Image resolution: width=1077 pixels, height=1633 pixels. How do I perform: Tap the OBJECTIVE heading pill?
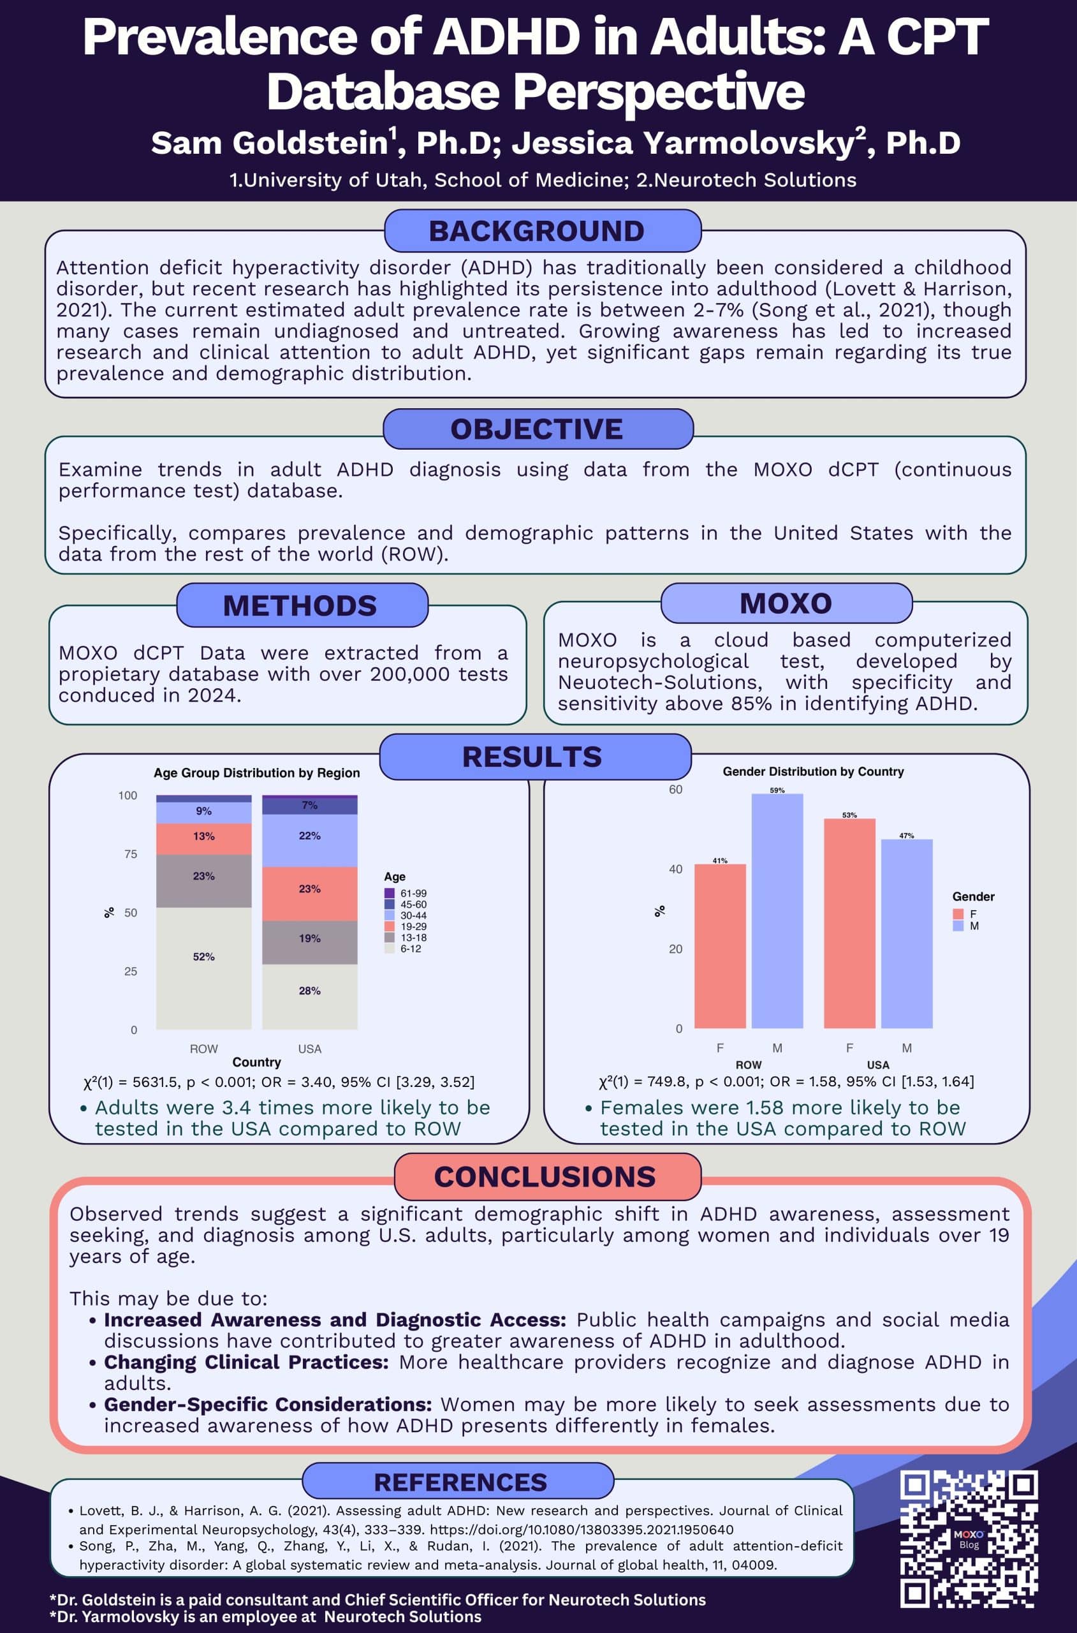click(x=537, y=429)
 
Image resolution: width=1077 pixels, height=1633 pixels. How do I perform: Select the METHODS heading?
click(x=301, y=605)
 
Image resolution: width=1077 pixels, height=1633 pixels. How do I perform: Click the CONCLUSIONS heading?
click(x=546, y=1177)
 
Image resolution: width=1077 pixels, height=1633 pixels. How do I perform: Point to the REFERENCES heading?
click(x=460, y=1482)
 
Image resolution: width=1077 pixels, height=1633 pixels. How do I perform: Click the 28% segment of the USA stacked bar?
click(x=309, y=996)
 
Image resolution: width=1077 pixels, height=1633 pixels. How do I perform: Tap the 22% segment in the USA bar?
click(x=309, y=840)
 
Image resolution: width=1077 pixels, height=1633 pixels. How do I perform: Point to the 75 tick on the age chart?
click(x=130, y=854)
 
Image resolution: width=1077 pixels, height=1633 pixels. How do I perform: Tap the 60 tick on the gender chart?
click(x=676, y=789)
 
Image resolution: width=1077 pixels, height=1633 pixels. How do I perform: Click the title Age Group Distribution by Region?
click(x=256, y=773)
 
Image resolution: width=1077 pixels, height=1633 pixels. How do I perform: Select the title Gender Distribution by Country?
click(x=813, y=771)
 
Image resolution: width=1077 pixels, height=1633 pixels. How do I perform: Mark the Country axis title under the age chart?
click(x=256, y=1062)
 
